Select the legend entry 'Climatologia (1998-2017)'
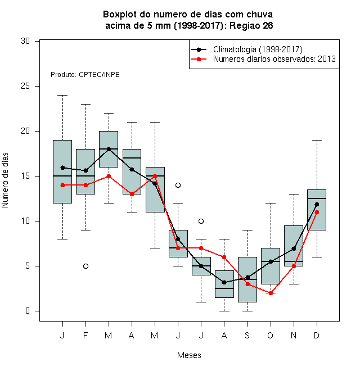point(258,49)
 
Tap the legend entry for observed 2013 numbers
point(274,59)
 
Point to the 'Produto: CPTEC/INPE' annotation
point(85,75)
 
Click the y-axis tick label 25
point(25,86)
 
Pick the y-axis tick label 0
point(28,311)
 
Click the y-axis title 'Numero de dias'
point(5,180)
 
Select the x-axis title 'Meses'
point(189,355)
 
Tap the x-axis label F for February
point(85,336)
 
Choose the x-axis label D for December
point(317,336)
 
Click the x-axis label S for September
point(247,336)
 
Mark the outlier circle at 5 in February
point(85,266)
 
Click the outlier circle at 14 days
point(178,185)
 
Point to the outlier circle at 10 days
point(201,221)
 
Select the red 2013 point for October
point(271,293)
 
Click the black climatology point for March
point(109,150)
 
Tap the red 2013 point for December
point(317,212)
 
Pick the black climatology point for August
point(224,282)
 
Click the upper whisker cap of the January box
point(63,96)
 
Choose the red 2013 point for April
point(132,194)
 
